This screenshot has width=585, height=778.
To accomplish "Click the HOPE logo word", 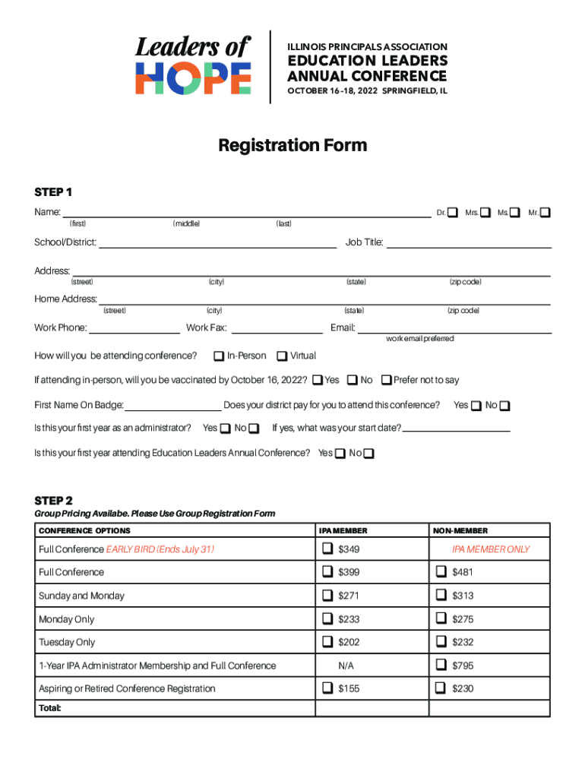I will coord(193,79).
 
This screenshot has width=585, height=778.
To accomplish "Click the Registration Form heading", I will coord(292,145).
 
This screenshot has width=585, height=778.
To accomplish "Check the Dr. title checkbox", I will coord(453,212).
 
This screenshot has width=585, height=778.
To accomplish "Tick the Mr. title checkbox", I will coord(545,212).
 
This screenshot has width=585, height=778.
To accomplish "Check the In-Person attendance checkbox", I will coord(219,356).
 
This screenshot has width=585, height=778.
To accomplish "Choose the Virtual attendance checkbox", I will coord(282,356).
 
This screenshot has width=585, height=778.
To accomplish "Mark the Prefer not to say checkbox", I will coord(387,380).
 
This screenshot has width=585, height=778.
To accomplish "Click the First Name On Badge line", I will coord(173,406).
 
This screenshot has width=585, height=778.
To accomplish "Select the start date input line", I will coord(456,429).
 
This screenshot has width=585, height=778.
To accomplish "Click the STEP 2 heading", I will coord(53,501).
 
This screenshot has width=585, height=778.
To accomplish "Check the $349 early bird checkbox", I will coord(327,549).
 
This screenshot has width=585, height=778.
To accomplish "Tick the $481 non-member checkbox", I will coord(441,572).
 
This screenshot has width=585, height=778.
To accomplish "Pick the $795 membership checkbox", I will coord(441,666).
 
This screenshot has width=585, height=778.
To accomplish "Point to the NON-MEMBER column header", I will coord(460,530).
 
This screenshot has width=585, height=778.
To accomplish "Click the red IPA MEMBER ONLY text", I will coord(490,549).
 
